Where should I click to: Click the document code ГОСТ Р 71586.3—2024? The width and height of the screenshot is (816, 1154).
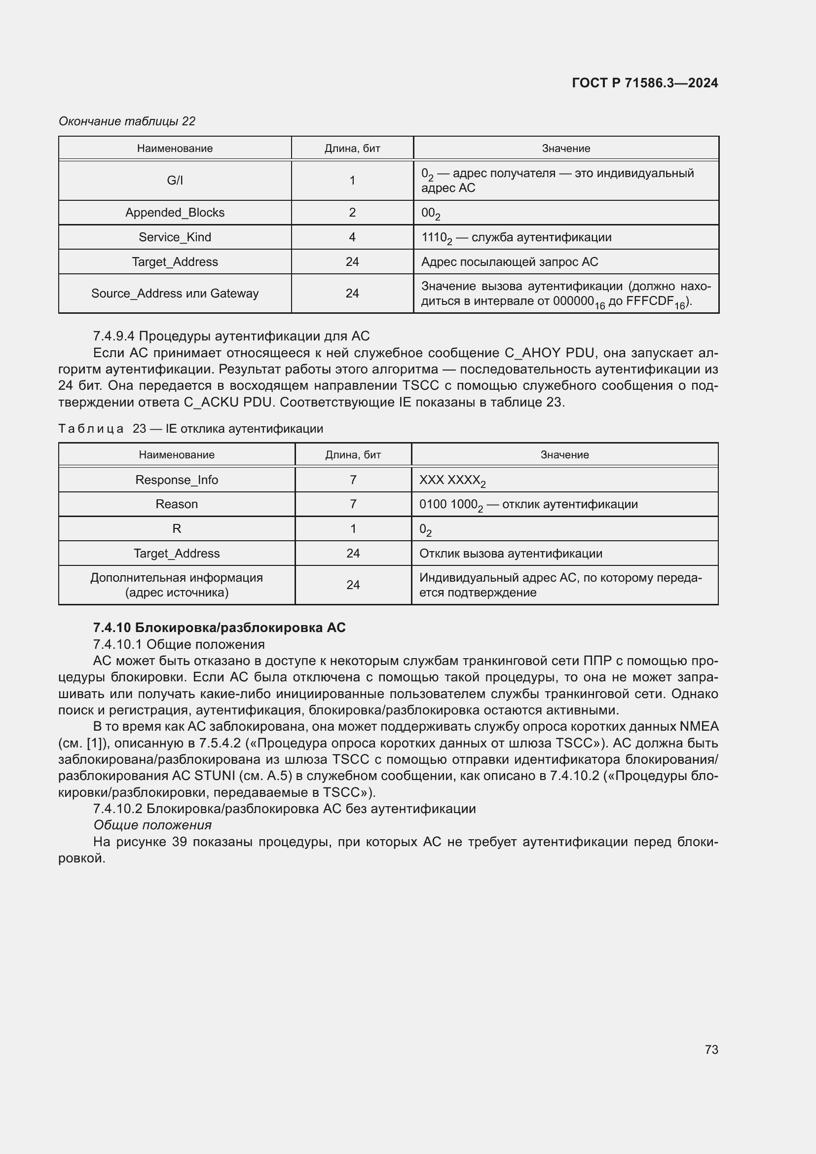[645, 83]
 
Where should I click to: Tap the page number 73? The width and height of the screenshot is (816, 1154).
[711, 1049]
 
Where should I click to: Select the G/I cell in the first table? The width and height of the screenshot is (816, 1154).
[175, 181]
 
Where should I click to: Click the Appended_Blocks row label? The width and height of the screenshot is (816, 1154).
[175, 213]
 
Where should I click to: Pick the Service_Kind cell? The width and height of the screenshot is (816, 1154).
[175, 237]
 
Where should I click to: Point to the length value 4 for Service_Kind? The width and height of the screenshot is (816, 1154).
[352, 237]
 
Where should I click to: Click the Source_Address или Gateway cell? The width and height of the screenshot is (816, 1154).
[175, 294]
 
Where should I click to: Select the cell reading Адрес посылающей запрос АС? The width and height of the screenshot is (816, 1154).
[510, 262]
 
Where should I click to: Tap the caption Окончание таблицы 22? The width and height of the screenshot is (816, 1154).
[127, 121]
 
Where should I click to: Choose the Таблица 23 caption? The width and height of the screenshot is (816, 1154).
[190, 429]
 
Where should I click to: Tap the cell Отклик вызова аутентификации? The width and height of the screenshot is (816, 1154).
[511, 554]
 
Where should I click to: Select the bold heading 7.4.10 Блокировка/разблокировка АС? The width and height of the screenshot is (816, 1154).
[219, 628]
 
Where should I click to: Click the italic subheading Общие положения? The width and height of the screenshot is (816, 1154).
[152, 825]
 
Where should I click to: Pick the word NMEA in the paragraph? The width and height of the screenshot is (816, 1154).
[699, 726]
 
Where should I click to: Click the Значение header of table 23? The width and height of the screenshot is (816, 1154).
[564, 455]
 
